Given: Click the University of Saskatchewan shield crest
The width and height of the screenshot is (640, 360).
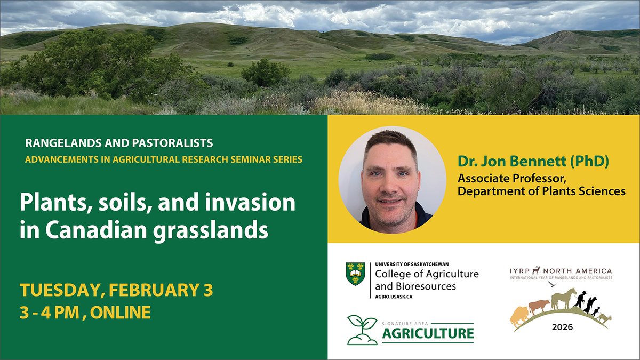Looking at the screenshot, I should pos(355,274).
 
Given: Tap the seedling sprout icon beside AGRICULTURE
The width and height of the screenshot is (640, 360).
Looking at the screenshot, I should pos(362,330).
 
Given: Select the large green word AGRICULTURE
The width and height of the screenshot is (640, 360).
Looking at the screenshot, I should pos(428,334).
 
